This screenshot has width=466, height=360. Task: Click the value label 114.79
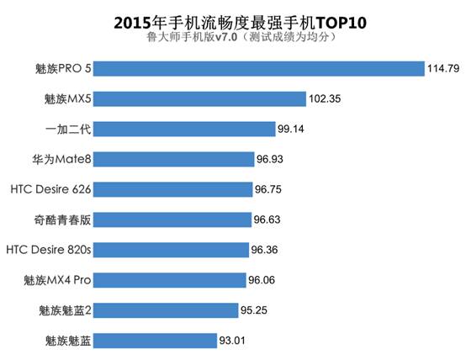(x=444, y=69)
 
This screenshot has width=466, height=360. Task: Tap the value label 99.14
(x=294, y=129)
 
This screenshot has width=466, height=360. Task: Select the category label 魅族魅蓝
(x=70, y=341)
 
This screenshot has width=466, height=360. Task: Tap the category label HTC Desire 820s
(x=49, y=250)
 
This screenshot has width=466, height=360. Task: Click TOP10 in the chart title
(x=344, y=20)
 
